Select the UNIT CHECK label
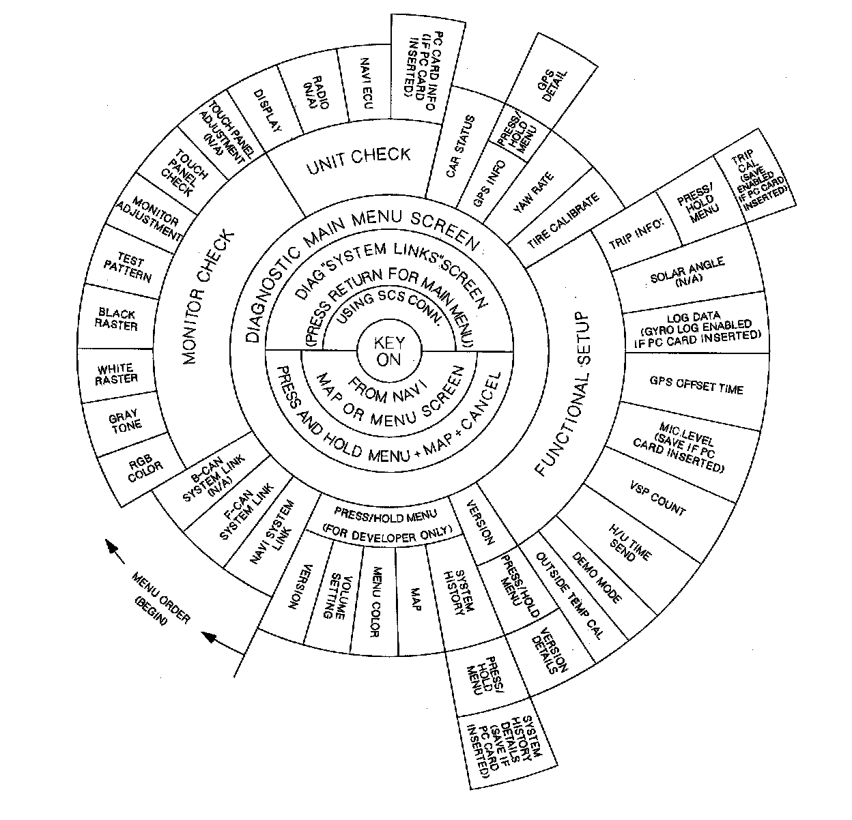click(358, 160)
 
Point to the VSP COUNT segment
click(658, 502)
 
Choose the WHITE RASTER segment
click(117, 374)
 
